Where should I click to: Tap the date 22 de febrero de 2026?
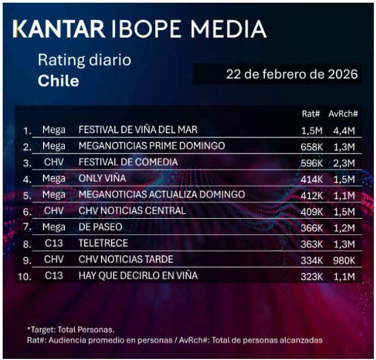292,74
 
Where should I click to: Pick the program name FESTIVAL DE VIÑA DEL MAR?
138,130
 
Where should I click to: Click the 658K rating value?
312,147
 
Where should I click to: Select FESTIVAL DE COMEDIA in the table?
128,162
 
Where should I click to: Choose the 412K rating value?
312,195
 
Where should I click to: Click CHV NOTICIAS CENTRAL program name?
132,211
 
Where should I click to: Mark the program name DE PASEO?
100,227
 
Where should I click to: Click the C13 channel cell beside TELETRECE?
54,243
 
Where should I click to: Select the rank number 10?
24,277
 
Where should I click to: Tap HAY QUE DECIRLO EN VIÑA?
138,276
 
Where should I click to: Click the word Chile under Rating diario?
58,81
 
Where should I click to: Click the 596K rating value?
312,163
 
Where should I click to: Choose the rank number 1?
27,130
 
